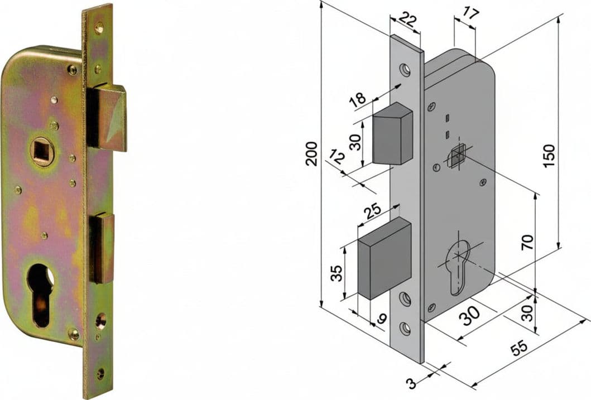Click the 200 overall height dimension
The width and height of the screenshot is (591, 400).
click(x=311, y=153)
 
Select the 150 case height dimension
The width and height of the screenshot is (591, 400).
click(x=549, y=156)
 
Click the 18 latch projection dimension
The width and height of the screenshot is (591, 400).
click(x=357, y=100)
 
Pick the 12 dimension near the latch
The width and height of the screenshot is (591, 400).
click(x=337, y=157)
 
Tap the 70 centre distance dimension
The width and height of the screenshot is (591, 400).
click(x=527, y=242)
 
